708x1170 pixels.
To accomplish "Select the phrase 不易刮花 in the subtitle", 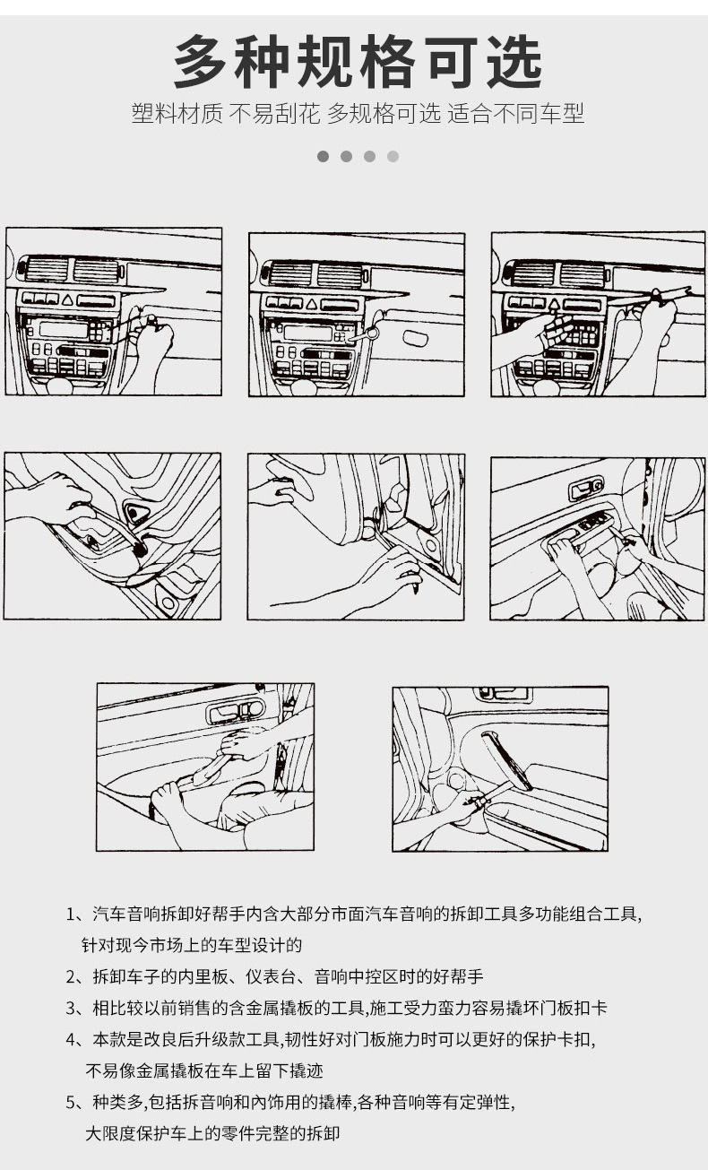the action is click(x=274, y=113).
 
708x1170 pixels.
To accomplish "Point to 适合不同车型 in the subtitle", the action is click(x=515, y=113).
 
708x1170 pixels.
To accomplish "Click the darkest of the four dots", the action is click(x=324, y=156).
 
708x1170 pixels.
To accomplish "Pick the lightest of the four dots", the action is click(x=393, y=156).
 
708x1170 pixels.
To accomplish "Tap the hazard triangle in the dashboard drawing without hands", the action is click(x=311, y=303).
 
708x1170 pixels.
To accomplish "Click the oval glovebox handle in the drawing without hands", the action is click(x=416, y=338).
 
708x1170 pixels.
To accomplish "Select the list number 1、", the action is click(x=78, y=914).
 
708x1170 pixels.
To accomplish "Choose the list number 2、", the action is click(x=78, y=976).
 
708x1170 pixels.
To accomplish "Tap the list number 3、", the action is click(x=78, y=1008).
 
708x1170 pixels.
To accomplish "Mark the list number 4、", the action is click(x=78, y=1039).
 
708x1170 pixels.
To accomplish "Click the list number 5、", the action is click(x=78, y=1102).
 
